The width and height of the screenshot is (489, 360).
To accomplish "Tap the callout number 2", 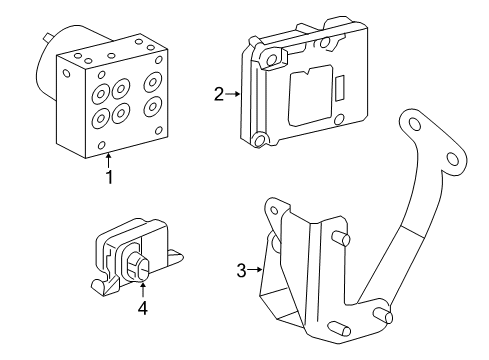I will click(218, 95).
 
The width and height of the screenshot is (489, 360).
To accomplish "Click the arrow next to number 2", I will click(233, 95).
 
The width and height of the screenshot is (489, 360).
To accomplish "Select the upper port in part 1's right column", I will click(154, 80).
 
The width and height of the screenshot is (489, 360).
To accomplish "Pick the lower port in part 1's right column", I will click(153, 106).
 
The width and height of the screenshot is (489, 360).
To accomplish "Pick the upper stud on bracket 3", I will click(343, 238).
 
